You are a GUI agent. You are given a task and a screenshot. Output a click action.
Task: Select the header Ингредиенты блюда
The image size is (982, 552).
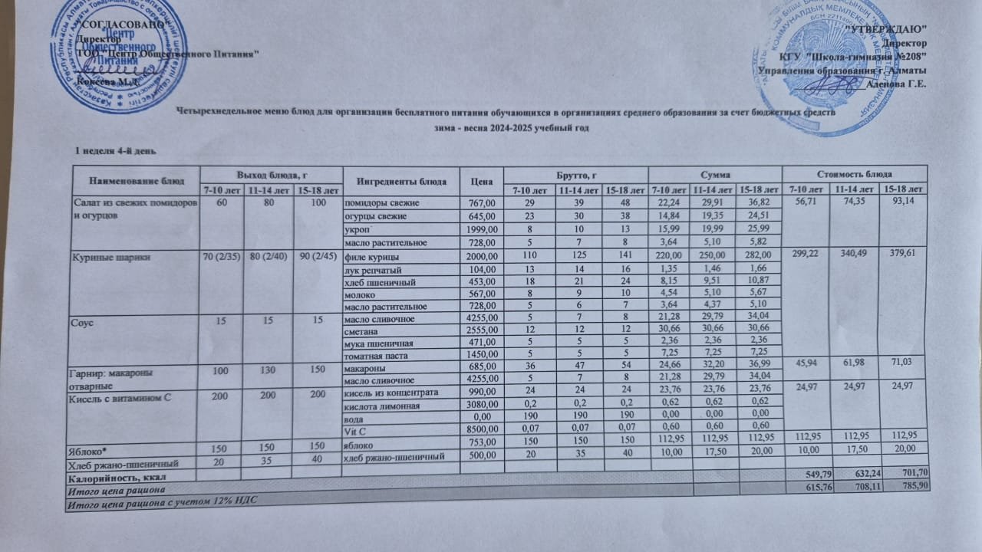point(401,182)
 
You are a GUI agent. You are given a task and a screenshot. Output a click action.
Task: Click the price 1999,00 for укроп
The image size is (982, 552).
point(481,231)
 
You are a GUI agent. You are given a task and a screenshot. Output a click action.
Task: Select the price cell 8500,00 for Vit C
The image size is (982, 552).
point(481,429)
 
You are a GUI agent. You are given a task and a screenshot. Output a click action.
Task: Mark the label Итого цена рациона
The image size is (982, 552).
point(115,489)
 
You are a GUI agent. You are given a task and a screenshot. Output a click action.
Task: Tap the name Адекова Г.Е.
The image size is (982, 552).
point(896,84)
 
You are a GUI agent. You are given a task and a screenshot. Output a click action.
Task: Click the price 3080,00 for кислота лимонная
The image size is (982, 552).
point(481,404)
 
